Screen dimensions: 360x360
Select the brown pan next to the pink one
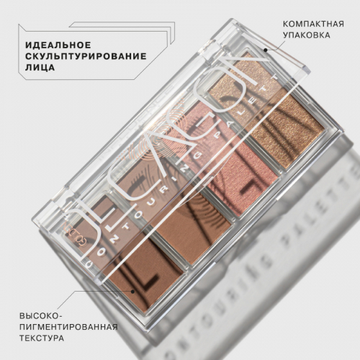click(180, 216)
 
